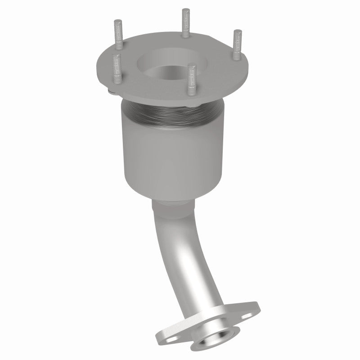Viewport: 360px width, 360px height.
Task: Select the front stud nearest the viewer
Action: click(x=192, y=80)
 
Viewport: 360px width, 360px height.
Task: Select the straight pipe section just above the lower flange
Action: click(x=202, y=292)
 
